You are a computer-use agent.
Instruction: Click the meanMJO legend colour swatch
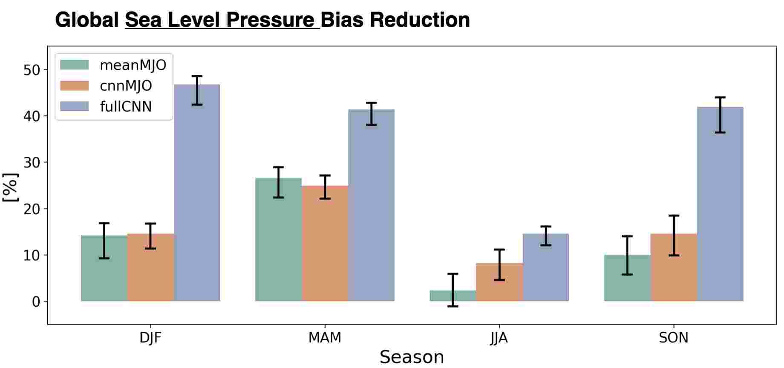[x=75, y=65]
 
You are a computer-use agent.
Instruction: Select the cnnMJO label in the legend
[x=126, y=86]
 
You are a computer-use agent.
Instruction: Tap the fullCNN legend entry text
[x=126, y=106]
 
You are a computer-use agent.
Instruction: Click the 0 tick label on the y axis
[x=36, y=302]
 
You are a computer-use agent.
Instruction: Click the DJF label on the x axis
[x=150, y=338]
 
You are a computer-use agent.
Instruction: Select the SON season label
[x=673, y=338]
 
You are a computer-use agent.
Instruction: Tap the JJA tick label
[x=499, y=338]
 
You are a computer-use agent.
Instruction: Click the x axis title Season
[x=412, y=357]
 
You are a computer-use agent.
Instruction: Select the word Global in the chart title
[x=86, y=20]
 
